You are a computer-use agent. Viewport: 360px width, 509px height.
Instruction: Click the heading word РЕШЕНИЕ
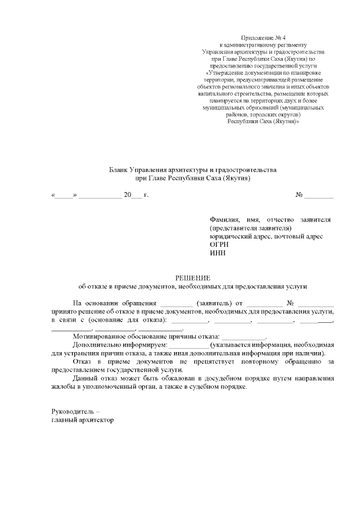click(x=193, y=278)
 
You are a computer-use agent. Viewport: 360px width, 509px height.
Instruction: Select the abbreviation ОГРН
click(x=219, y=245)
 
